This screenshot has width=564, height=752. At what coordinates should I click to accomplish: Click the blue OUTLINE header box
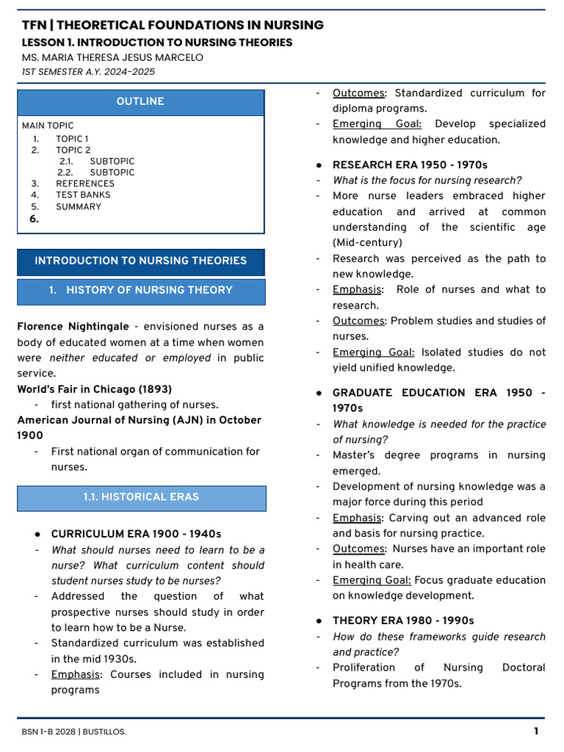(140, 102)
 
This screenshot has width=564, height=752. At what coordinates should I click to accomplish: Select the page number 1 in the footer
(536, 731)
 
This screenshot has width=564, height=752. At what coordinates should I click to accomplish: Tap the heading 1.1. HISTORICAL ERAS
(141, 497)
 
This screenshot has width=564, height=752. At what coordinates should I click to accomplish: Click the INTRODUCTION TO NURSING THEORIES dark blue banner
(141, 261)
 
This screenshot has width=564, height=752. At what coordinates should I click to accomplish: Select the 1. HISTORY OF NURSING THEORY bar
(141, 291)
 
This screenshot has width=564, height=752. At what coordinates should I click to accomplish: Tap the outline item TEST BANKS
(83, 195)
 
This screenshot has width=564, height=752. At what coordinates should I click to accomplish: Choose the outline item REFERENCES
(85, 184)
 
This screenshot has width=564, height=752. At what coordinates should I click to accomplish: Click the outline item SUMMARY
(79, 207)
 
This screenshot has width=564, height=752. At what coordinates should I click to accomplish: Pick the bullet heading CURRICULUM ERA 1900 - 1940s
(136, 534)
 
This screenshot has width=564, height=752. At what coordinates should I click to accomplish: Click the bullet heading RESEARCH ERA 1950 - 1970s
(410, 165)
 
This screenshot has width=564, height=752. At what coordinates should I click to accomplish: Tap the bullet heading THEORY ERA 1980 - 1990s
(403, 621)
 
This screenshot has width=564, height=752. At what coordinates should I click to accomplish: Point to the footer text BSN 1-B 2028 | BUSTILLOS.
(73, 731)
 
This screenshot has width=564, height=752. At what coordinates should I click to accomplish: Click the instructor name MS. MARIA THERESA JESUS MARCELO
(112, 57)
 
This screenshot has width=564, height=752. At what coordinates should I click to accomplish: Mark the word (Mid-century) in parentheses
(368, 243)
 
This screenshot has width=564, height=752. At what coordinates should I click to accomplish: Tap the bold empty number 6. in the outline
(34, 219)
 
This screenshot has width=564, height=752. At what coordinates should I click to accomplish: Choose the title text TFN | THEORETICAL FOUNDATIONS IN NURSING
(173, 26)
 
